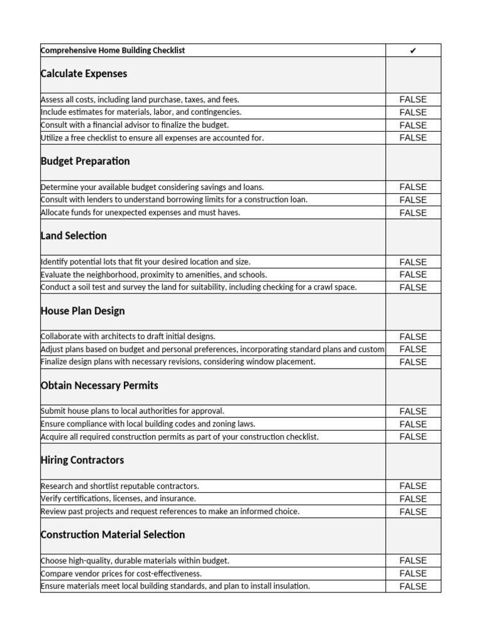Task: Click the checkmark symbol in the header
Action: point(413,51)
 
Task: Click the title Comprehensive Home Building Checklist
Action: point(113,50)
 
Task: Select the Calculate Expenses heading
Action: point(83,74)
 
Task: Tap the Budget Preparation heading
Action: point(85,161)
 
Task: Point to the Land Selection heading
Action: point(73,236)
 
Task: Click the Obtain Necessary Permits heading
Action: point(99,386)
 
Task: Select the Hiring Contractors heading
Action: point(82,460)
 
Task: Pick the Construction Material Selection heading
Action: point(113,535)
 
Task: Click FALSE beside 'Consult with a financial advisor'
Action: point(413,125)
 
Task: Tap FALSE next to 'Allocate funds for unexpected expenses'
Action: point(413,213)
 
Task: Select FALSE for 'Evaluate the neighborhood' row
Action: point(413,275)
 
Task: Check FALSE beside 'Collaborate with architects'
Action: point(413,337)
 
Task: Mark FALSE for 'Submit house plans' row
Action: point(413,411)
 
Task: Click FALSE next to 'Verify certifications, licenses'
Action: point(413,499)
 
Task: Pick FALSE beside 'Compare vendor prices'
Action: point(413,574)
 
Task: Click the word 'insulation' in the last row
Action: point(290,586)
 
